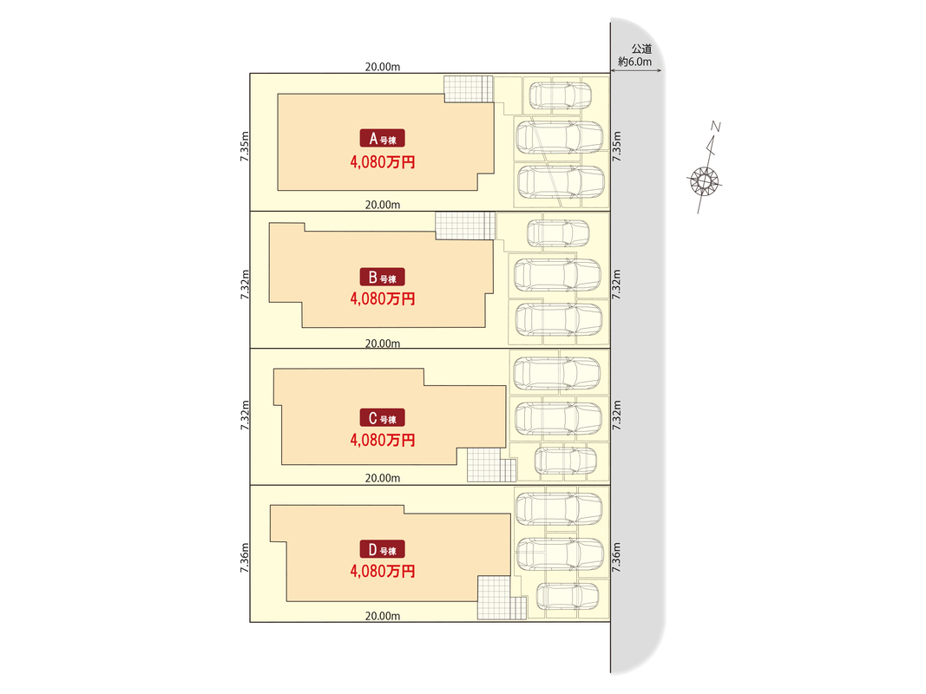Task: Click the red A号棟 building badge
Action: coord(382,139)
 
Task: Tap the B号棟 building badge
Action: coord(382,278)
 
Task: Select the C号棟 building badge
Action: coord(382,419)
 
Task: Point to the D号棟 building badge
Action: coord(382,550)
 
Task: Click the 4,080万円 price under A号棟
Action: coord(383,161)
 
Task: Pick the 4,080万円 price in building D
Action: coord(383,571)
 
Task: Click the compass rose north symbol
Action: coord(705,180)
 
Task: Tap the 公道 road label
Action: coord(641,49)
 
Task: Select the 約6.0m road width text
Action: coord(640,62)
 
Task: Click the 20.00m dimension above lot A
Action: coord(382,67)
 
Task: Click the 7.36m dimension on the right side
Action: coord(617,553)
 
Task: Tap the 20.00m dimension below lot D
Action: coord(382,616)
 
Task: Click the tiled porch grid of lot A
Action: coord(468,88)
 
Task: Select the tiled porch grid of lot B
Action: coord(463,226)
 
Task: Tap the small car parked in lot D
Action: coord(568,597)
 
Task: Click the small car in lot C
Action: coord(565,460)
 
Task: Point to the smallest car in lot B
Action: coord(558,232)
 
